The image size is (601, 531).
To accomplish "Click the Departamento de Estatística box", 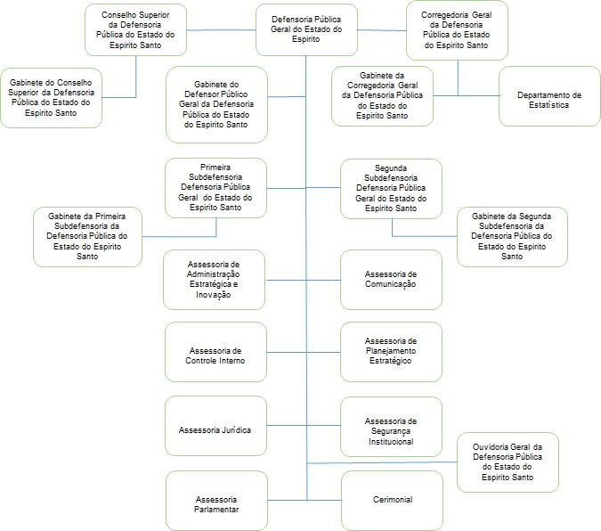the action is tap(549, 96).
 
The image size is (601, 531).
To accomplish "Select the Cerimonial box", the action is tap(392, 501).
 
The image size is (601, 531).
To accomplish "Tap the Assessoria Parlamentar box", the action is tap(216, 501).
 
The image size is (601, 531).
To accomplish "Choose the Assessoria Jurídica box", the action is tap(215, 426).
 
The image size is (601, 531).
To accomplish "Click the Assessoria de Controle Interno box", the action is tap(215, 352).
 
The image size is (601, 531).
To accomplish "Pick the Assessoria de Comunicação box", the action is tap(391, 280).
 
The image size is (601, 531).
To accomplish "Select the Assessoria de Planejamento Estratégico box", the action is tap(391, 352).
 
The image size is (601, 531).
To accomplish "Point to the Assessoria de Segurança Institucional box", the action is tap(391, 427).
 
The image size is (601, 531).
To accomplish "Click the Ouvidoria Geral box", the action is tap(508, 462).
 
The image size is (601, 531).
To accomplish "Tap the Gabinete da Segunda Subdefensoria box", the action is tap(512, 237).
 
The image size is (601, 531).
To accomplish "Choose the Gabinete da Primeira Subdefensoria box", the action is tap(87, 237).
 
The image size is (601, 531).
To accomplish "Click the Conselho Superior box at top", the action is tap(135, 30).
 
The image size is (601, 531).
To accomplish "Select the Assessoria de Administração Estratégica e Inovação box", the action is tap(214, 280).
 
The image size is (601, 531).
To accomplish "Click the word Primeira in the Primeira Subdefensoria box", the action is tap(215, 167).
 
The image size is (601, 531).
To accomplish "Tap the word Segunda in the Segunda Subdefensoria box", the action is tap(391, 168).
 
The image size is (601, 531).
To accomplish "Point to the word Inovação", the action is tap(213, 295).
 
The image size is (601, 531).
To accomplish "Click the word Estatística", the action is tap(548, 105).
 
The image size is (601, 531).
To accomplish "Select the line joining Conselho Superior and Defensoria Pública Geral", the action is tap(221, 30).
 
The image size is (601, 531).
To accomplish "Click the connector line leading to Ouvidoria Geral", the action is tap(382, 462).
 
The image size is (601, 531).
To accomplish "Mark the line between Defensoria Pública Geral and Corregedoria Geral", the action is tap(382, 30).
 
